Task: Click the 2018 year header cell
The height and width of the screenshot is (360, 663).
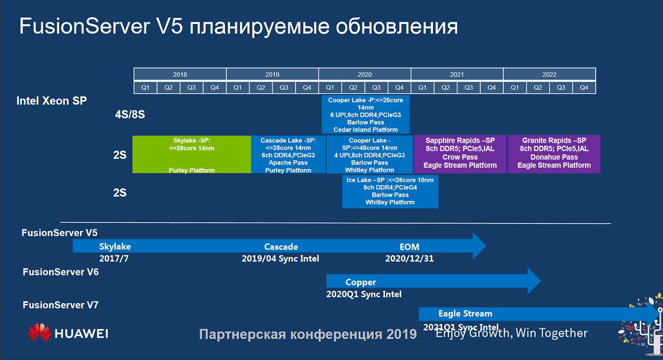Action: click(x=180, y=74)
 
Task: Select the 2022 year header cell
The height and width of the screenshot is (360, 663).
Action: click(x=549, y=74)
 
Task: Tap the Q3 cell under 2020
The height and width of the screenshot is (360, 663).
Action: click(x=376, y=87)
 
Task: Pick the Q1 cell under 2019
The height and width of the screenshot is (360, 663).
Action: click(x=238, y=87)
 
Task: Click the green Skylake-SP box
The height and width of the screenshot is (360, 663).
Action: click(x=192, y=154)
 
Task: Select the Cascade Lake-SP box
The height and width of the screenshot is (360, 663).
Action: click(x=288, y=154)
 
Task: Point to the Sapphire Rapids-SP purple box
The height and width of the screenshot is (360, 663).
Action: click(x=460, y=154)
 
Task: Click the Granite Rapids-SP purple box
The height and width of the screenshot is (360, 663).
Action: click(x=554, y=154)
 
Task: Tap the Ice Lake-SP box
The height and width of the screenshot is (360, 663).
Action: click(x=390, y=191)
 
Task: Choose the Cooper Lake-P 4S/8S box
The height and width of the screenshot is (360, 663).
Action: click(x=365, y=114)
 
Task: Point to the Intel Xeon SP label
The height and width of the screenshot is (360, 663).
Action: click(x=52, y=101)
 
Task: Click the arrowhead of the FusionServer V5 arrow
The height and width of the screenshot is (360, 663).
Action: click(x=478, y=245)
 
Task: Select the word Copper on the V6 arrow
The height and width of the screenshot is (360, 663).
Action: click(x=360, y=282)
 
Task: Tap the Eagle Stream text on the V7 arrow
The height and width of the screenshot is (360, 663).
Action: click(x=465, y=314)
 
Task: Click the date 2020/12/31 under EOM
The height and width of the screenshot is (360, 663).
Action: click(x=409, y=259)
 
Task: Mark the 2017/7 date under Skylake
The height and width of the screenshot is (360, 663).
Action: click(x=114, y=259)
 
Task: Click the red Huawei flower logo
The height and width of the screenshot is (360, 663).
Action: click(x=39, y=333)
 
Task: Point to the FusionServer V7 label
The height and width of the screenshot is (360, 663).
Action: click(x=60, y=305)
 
